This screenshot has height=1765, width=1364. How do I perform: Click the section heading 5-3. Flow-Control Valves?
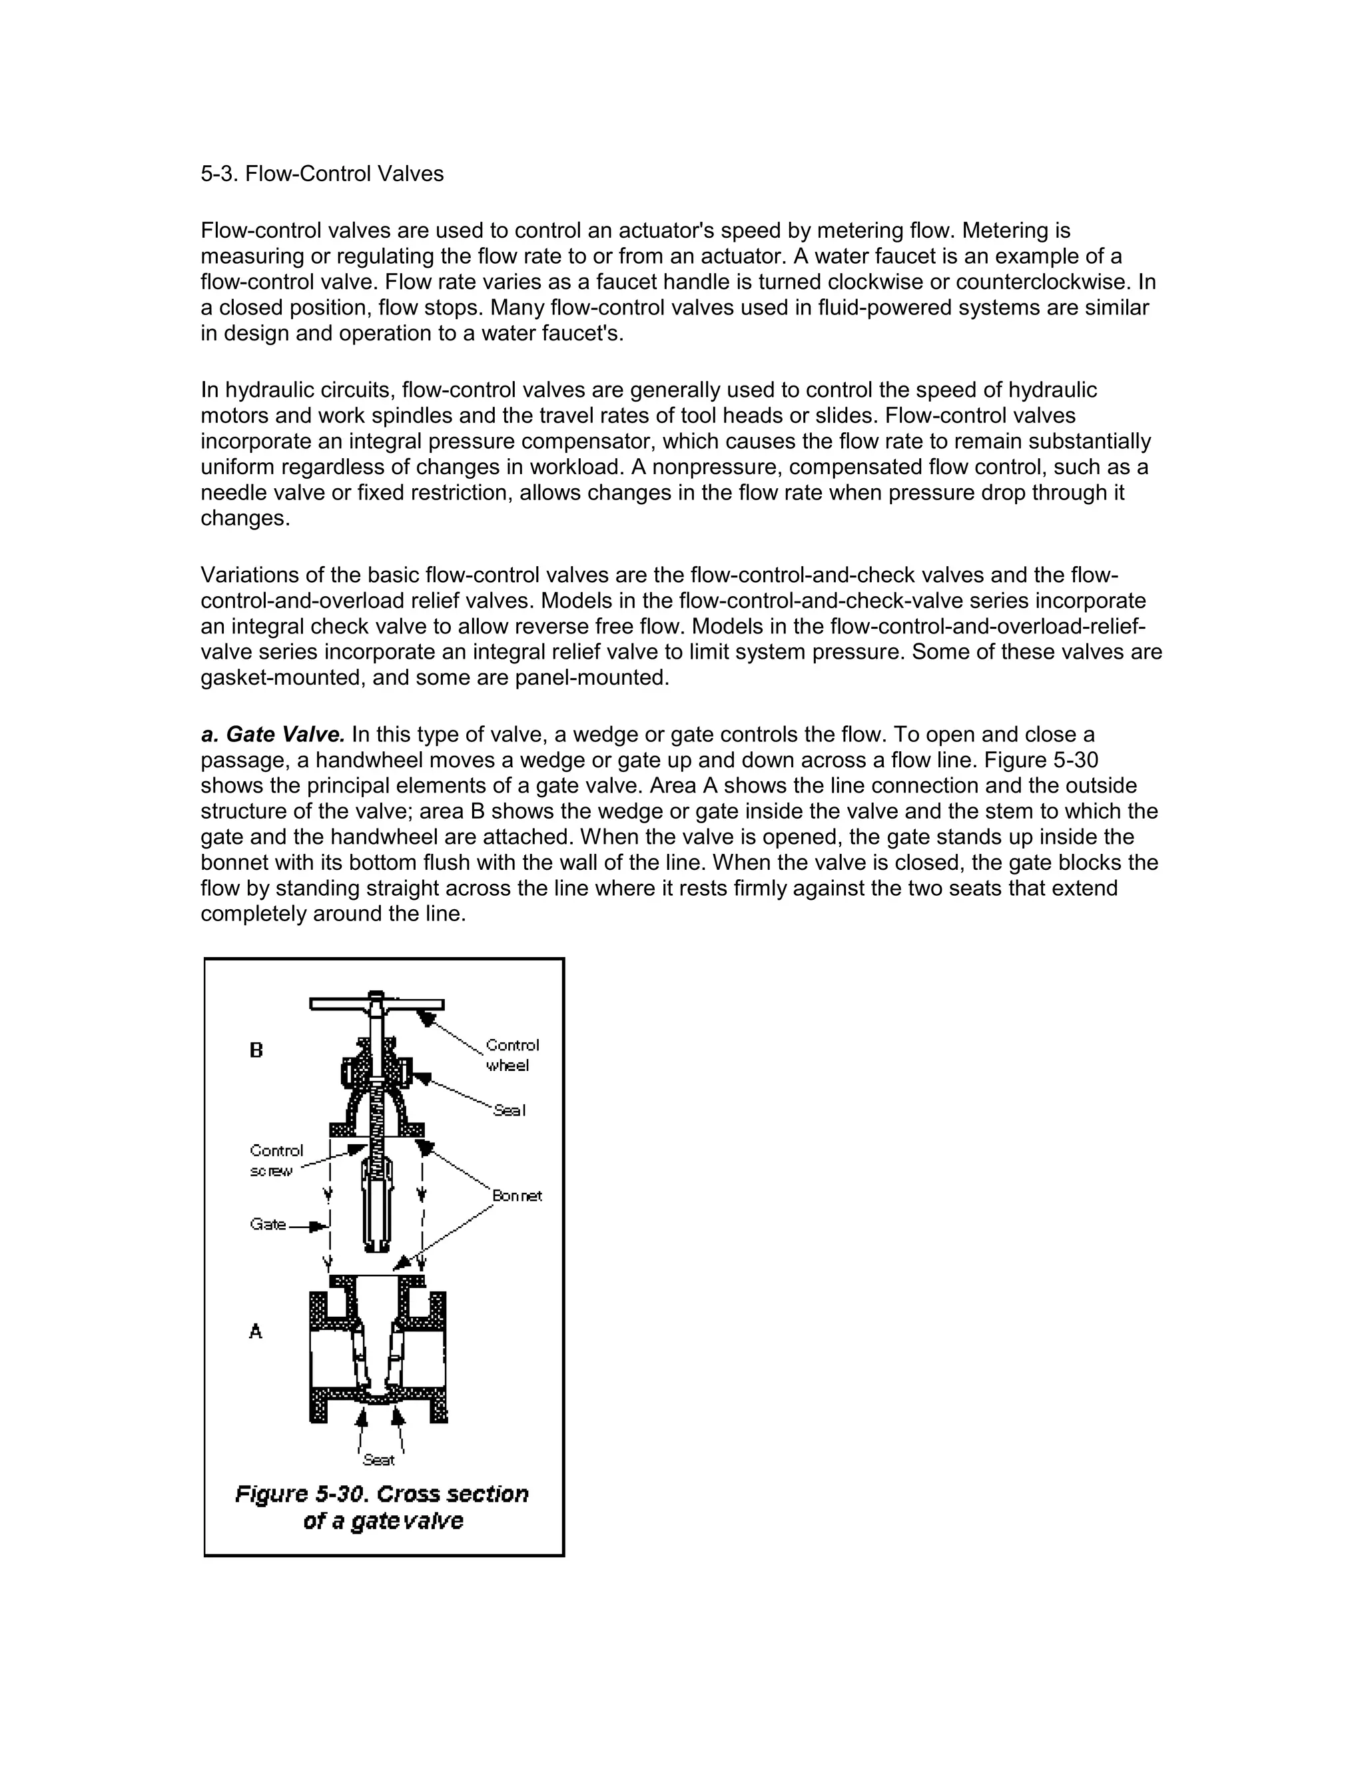point(322,174)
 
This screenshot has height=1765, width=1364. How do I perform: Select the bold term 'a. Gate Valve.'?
point(272,735)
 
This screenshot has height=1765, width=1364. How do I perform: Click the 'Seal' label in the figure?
point(509,1110)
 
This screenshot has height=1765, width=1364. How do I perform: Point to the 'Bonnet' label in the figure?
point(516,1196)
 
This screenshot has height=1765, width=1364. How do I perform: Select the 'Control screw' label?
point(276,1160)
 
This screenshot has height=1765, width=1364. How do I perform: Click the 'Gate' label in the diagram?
point(268,1224)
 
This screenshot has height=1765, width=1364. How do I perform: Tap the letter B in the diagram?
point(256,1050)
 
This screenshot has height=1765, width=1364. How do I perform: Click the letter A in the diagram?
point(255,1331)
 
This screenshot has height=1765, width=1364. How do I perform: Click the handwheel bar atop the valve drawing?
point(376,1004)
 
